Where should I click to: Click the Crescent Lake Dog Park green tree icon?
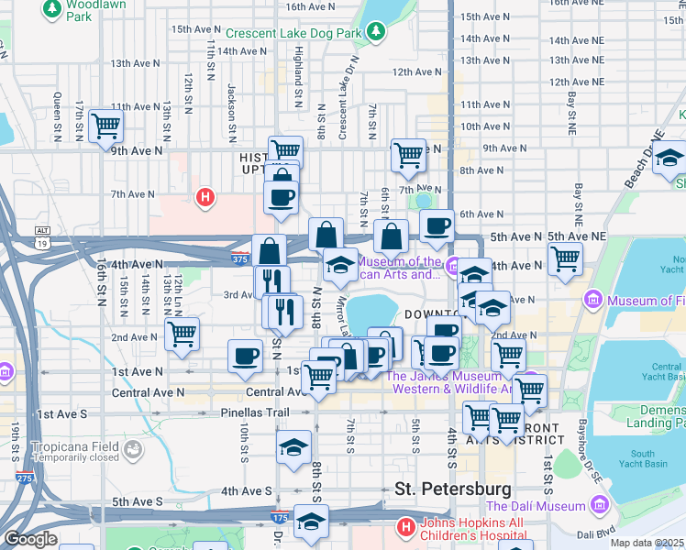click(x=375, y=33)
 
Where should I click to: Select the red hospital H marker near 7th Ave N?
click(x=206, y=196)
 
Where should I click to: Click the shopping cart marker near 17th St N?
click(x=106, y=126)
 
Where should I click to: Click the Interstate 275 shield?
click(x=24, y=479)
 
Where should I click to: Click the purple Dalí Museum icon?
click(x=600, y=505)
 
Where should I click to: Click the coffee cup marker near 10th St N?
click(x=245, y=357)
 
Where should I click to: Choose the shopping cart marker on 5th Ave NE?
click(x=565, y=258)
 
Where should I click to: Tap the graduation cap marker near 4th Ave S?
click(x=293, y=448)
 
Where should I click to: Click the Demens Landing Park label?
click(x=655, y=416)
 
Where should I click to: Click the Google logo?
click(x=29, y=539)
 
